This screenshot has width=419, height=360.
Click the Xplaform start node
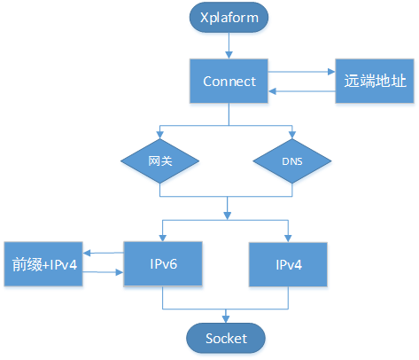tap(229, 18)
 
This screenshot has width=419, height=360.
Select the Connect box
tap(229, 81)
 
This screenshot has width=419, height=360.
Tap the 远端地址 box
tap(375, 81)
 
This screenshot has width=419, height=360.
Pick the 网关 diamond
tap(159, 161)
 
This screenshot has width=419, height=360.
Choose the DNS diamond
tap(292, 161)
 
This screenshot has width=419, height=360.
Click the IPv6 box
tap(163, 264)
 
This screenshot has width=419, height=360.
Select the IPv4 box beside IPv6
tap(288, 264)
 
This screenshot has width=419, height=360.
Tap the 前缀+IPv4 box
tap(43, 264)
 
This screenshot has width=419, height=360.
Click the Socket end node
tap(226, 338)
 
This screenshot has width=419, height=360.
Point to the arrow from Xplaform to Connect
tap(229, 45)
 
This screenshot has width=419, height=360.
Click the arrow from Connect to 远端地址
tap(301, 72)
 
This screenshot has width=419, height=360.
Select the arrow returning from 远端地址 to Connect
tap(301, 91)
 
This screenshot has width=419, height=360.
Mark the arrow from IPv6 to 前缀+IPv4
tap(103, 253)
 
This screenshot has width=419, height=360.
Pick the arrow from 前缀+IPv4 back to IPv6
tap(103, 272)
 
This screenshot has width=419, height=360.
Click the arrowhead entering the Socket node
tap(226, 319)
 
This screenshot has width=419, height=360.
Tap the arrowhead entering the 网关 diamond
tap(159, 135)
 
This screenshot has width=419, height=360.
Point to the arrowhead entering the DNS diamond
tap(292, 135)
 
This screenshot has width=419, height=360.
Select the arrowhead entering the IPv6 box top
tap(162, 238)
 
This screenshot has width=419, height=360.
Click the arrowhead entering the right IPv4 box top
tap(288, 239)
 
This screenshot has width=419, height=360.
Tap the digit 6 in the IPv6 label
tap(173, 264)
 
